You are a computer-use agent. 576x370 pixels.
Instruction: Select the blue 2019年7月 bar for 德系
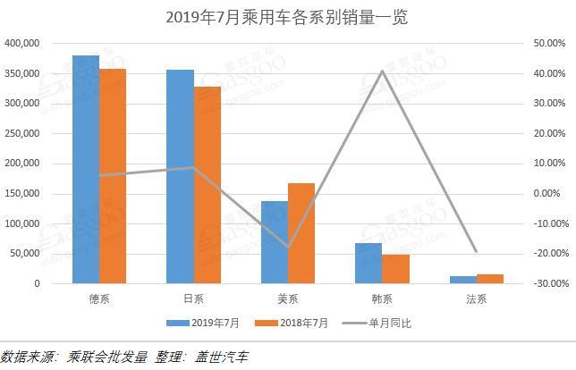pyautogui.click(x=86, y=170)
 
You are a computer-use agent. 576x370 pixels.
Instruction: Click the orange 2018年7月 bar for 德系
pyautogui.click(x=113, y=176)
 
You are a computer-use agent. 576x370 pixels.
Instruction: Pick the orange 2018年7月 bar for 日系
pyautogui.click(x=207, y=185)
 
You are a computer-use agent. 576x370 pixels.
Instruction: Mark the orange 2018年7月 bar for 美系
pyautogui.click(x=301, y=233)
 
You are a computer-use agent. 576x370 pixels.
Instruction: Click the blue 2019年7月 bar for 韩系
pyautogui.click(x=368, y=263)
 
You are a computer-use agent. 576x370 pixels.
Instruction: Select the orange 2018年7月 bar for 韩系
pyautogui.click(x=395, y=269)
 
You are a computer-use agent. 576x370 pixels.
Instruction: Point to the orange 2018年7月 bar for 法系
pyautogui.click(x=490, y=279)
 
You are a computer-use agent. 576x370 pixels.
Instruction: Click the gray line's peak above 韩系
pyautogui.click(x=382, y=71)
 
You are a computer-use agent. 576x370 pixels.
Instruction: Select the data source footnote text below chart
pyautogui.click(x=125, y=357)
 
